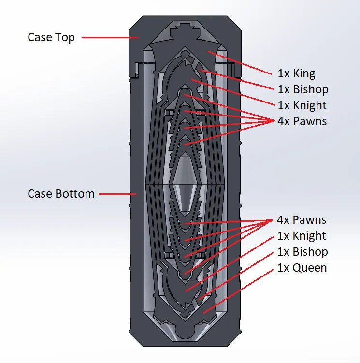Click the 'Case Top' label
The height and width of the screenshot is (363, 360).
(x=51, y=38)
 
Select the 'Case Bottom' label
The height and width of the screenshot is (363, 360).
(x=61, y=194)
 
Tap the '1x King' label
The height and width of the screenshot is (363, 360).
(x=296, y=73)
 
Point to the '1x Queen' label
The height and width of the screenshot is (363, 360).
(x=302, y=268)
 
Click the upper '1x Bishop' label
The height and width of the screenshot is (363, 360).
(x=303, y=89)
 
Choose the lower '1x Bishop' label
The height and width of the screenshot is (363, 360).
(x=302, y=252)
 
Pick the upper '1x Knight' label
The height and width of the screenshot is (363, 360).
(x=302, y=105)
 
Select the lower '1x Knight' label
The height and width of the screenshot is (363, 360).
(x=302, y=236)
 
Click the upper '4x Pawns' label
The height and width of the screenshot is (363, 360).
(x=302, y=121)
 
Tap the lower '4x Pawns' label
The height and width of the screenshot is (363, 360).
(x=302, y=220)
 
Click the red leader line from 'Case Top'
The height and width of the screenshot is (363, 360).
(x=111, y=37)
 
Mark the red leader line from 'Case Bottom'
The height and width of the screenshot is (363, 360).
(x=117, y=194)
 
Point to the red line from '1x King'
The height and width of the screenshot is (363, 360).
(x=240, y=63)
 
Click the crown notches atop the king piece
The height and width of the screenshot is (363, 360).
(x=185, y=27)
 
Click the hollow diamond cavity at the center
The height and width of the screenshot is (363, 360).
(x=185, y=184)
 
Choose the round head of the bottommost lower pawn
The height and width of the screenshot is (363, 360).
(x=185, y=275)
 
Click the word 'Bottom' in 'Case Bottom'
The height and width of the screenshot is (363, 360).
(x=75, y=194)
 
